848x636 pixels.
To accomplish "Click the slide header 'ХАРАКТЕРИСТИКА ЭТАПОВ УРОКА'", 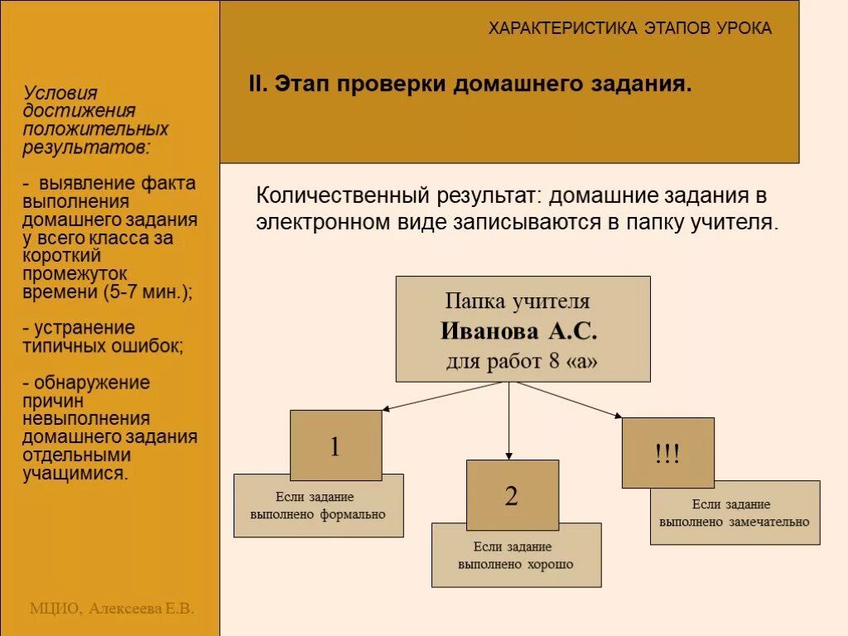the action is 629,29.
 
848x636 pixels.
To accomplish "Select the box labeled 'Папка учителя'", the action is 523,329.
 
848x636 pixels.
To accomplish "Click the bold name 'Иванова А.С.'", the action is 518,332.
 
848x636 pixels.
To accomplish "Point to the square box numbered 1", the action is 335,446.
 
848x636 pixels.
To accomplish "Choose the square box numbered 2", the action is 511,495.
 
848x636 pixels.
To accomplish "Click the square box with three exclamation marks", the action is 667,453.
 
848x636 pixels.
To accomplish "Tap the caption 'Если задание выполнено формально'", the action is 318,506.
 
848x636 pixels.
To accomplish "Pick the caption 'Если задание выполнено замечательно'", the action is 735,513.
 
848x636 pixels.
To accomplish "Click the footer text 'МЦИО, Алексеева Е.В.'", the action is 112,609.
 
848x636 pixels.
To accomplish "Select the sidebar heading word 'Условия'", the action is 60,94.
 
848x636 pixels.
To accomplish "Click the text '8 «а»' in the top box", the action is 570,362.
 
